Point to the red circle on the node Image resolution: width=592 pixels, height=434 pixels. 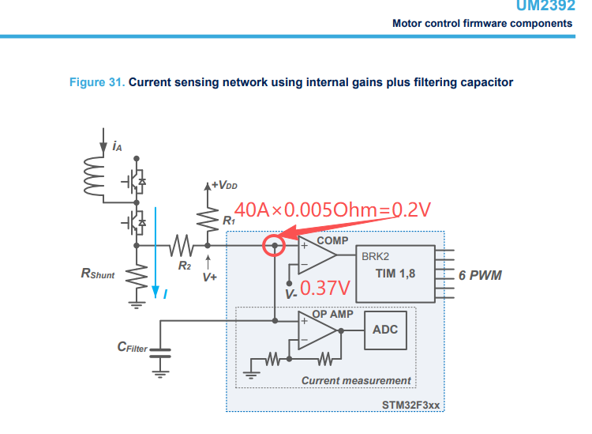(x=274, y=246)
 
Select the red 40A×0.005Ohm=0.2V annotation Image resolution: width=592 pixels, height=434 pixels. (x=332, y=210)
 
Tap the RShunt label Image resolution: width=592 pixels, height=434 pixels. (x=99, y=274)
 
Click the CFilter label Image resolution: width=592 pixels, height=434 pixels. (x=133, y=346)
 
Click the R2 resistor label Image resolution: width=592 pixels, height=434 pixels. (x=184, y=266)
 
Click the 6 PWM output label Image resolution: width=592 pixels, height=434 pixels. (x=480, y=275)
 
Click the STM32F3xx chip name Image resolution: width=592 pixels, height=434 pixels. (x=410, y=405)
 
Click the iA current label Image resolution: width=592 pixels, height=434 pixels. (x=117, y=146)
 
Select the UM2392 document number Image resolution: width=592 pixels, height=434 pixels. (x=544, y=6)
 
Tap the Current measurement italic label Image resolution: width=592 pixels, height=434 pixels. (x=356, y=380)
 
